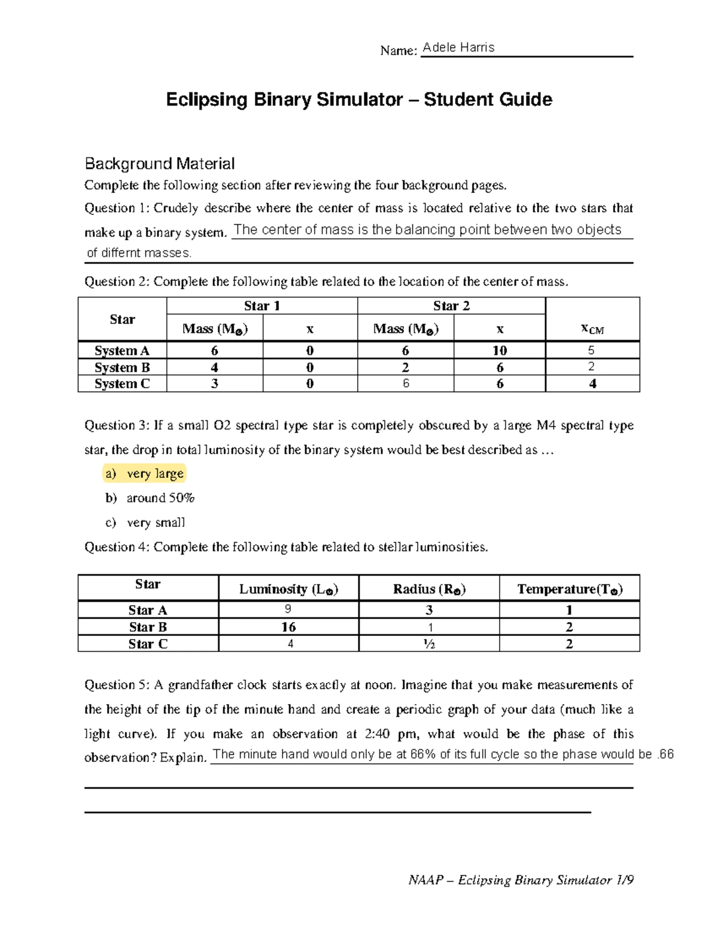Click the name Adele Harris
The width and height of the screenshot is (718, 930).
coord(458,48)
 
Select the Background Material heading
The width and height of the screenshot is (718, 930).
coord(159,163)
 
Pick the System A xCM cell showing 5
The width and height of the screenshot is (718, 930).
coord(591,350)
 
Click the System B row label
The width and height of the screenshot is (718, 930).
coord(122,367)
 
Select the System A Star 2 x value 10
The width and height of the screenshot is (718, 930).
coord(500,350)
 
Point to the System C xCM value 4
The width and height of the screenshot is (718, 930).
coord(592,384)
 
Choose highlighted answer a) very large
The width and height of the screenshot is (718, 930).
coord(144,474)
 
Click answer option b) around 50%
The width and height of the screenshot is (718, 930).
coord(150,498)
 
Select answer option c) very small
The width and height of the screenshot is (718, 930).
coord(145,523)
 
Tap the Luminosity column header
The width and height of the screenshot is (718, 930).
coord(288,589)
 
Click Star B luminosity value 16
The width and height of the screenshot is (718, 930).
coord(288,627)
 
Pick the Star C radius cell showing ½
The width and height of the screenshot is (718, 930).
coord(429,644)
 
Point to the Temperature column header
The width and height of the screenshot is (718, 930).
coord(570,589)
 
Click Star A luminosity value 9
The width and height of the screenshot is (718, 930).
coord(288,610)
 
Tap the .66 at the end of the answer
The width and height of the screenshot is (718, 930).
coord(665,755)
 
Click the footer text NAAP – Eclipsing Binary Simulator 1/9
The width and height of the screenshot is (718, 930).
coord(521,880)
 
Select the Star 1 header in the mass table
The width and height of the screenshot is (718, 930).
coord(262,306)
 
